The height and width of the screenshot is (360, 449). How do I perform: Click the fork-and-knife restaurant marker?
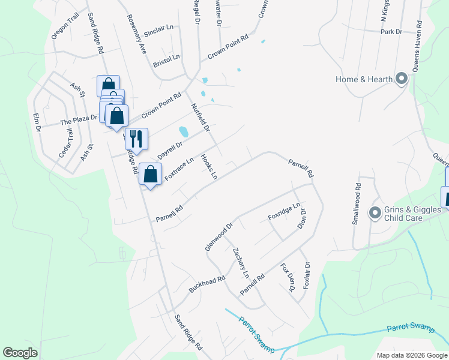[x=136, y=139]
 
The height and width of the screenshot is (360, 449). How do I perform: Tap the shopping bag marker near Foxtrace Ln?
[x=150, y=175]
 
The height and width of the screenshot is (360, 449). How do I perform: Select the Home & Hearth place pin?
[x=402, y=79]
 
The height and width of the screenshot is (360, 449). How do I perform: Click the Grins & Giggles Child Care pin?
[x=375, y=213]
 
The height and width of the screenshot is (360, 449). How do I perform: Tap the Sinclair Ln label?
[x=158, y=28]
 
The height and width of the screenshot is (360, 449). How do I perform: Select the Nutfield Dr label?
[x=200, y=117]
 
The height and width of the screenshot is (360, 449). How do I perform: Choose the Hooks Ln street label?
[x=208, y=167]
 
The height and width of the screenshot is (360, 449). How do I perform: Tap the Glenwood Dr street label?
[x=218, y=237]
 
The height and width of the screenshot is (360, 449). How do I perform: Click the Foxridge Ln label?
[x=283, y=211]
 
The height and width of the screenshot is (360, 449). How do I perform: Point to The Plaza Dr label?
[x=78, y=120]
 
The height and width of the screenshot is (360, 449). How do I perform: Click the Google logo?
[x=20, y=353]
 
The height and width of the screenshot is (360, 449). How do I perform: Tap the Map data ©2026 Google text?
[x=411, y=355]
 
